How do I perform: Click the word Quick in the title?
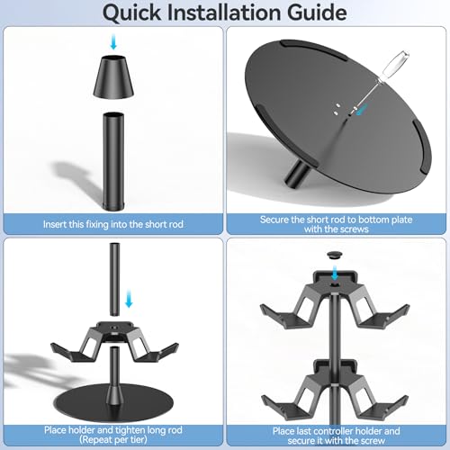(142, 13)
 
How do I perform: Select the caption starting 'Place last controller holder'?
(337, 428)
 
